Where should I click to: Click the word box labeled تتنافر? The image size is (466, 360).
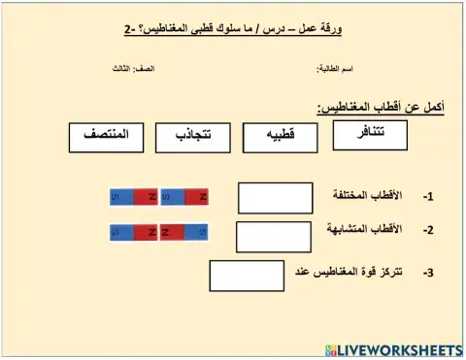pos(370,135)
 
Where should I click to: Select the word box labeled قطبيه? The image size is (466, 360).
pos(281,138)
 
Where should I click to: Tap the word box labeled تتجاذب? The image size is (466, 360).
pos(192,137)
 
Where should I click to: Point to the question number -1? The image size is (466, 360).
pos(428,197)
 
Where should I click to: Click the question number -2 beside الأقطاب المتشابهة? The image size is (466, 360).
pos(428,231)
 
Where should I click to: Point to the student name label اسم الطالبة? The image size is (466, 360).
pos(335,69)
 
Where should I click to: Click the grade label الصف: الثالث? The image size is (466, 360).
pos(130,69)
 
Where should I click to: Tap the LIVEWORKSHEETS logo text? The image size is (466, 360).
pos(400,347)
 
